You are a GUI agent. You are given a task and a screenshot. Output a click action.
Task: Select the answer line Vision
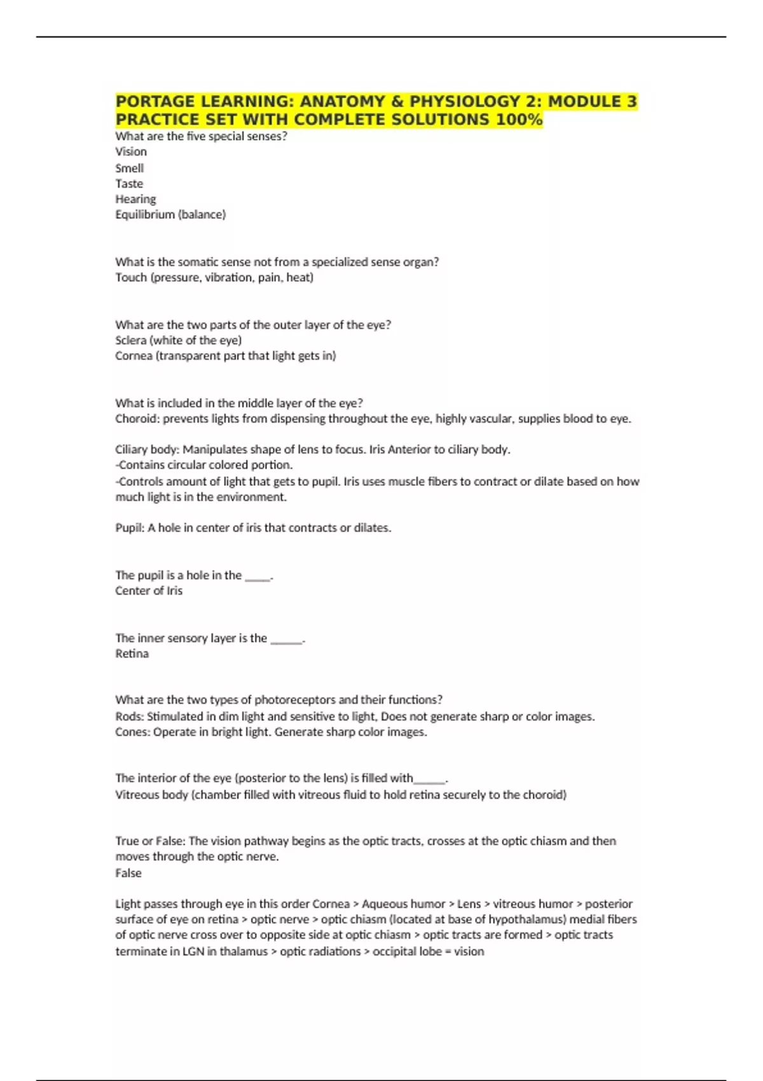(x=131, y=152)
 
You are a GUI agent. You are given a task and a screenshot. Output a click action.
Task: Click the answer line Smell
(x=130, y=168)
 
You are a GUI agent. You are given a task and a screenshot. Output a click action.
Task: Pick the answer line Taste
(x=129, y=184)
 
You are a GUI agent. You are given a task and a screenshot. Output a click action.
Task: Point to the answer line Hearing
(x=135, y=199)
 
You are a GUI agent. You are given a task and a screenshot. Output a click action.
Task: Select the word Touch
(x=131, y=277)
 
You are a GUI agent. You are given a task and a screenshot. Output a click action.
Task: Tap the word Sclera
(x=130, y=340)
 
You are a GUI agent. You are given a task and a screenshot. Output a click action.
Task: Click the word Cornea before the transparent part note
(x=134, y=356)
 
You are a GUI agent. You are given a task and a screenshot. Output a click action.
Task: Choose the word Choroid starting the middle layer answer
(x=135, y=419)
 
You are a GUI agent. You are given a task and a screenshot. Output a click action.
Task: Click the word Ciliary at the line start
(x=132, y=450)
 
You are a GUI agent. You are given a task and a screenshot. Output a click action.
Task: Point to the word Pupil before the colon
(x=129, y=528)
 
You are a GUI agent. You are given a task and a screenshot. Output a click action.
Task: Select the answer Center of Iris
(x=149, y=591)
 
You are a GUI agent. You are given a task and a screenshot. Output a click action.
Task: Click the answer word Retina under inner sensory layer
(x=132, y=654)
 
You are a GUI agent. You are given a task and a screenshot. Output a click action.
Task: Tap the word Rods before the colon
(x=129, y=717)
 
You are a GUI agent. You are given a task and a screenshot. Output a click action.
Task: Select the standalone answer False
(x=128, y=873)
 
